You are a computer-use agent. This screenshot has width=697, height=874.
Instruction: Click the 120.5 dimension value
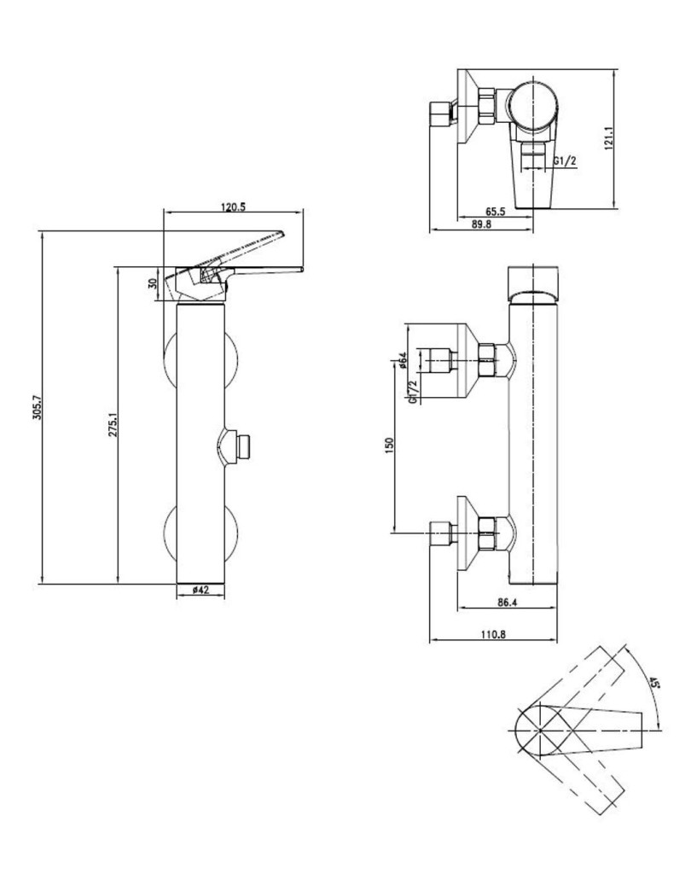(233, 207)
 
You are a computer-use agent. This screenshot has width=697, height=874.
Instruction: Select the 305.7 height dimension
(38, 407)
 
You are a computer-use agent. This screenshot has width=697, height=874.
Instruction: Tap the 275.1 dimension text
(113, 423)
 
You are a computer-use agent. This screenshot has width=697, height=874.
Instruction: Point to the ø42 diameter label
(200, 590)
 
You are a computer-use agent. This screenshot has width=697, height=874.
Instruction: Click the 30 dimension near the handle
(154, 284)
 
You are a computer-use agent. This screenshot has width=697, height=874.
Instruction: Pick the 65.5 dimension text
(495, 212)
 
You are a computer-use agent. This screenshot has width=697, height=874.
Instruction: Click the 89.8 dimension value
(481, 224)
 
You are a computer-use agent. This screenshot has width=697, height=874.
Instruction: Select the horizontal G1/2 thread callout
(565, 161)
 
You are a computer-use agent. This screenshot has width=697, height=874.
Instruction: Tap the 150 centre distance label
(390, 445)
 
